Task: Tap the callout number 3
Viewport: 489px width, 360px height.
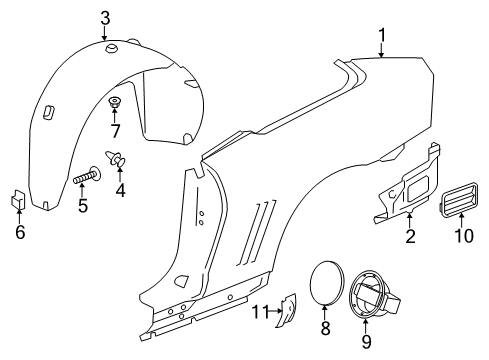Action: (106, 15)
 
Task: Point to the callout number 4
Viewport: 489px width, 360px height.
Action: (122, 188)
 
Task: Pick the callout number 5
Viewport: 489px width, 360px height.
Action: (84, 207)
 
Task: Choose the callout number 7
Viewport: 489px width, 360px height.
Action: (116, 131)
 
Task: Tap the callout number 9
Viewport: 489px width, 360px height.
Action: (365, 343)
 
